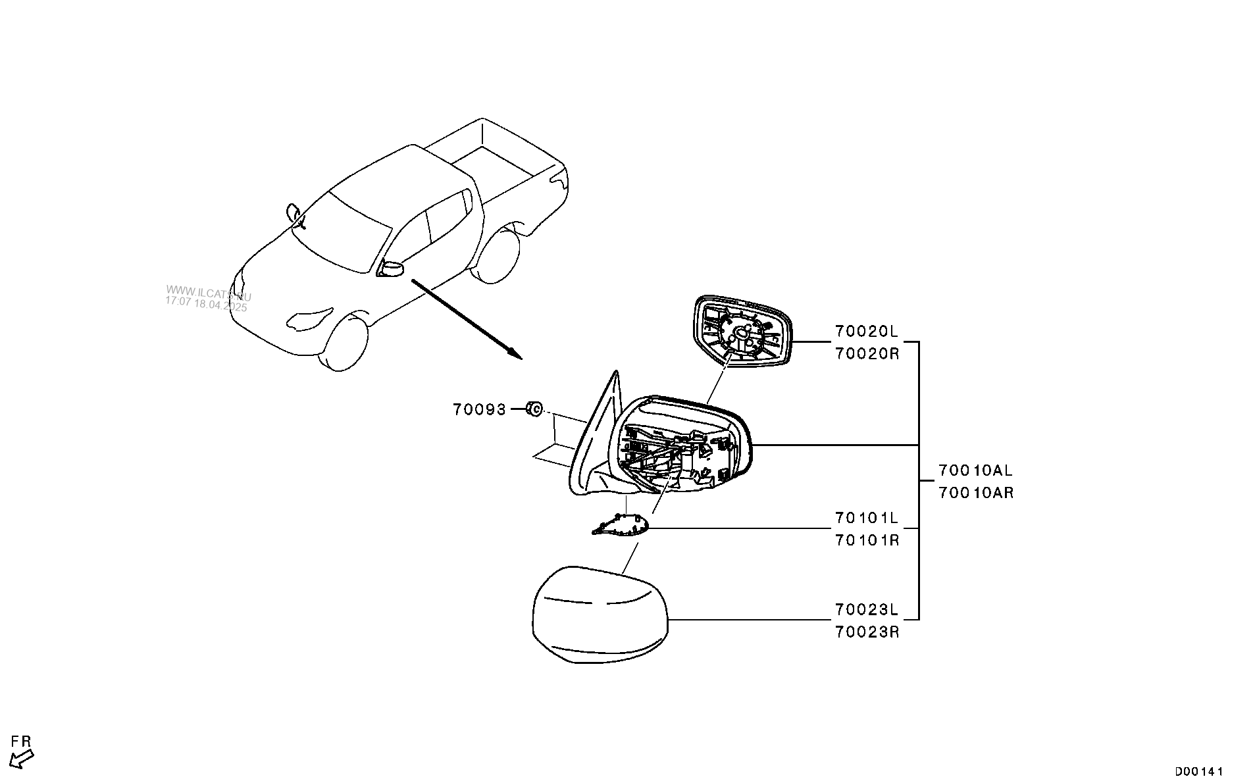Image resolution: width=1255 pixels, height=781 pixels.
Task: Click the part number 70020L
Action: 867,331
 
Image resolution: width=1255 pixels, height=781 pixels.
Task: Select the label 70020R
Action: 867,353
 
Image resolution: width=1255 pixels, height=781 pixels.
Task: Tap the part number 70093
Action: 479,410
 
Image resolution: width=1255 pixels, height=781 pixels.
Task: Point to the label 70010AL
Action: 975,470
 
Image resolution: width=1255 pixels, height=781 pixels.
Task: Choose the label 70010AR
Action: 975,493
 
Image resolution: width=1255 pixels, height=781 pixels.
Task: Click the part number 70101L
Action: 867,518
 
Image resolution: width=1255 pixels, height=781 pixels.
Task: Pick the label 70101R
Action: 867,541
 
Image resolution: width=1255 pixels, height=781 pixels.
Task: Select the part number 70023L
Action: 867,609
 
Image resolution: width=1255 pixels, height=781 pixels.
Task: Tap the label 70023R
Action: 867,632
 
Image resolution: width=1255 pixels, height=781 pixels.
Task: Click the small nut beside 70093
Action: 534,409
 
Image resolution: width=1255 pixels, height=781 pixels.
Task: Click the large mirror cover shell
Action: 600,615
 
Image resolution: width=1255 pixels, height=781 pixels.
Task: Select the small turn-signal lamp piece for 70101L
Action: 621,526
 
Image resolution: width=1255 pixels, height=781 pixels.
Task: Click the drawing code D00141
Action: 1199,770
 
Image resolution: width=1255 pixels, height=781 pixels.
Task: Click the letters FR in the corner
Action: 22,742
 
